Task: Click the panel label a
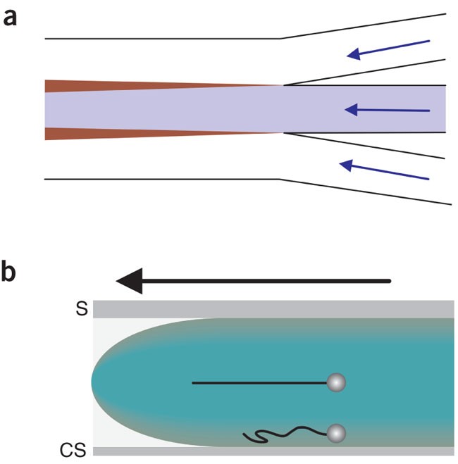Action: tap(10, 17)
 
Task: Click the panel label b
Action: tap(11, 274)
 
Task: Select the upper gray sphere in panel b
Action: tap(337, 383)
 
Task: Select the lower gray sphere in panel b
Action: tap(337, 432)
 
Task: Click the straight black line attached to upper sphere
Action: tap(261, 383)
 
